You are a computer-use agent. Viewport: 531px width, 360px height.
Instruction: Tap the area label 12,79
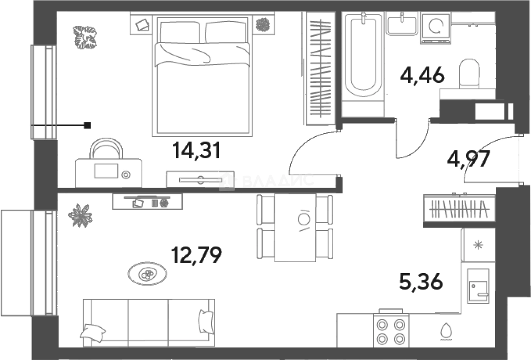[x=196, y=255]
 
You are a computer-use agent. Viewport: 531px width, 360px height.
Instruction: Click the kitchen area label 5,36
[x=421, y=281]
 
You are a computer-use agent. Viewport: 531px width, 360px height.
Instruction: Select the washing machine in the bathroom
[x=435, y=28]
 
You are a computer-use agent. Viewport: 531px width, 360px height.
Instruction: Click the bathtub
[x=363, y=57]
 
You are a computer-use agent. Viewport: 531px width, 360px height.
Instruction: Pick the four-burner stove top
[x=390, y=331]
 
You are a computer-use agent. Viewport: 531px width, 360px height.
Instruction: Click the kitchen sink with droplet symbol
[x=446, y=331]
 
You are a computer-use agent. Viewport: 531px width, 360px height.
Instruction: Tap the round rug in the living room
[x=147, y=274]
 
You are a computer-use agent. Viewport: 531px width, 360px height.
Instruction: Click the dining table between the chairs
[x=295, y=227]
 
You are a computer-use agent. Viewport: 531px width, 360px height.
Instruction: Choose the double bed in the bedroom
[x=202, y=76]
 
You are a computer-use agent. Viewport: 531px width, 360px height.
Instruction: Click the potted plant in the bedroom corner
[x=85, y=37]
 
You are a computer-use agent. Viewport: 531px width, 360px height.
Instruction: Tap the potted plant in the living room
[x=80, y=215]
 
